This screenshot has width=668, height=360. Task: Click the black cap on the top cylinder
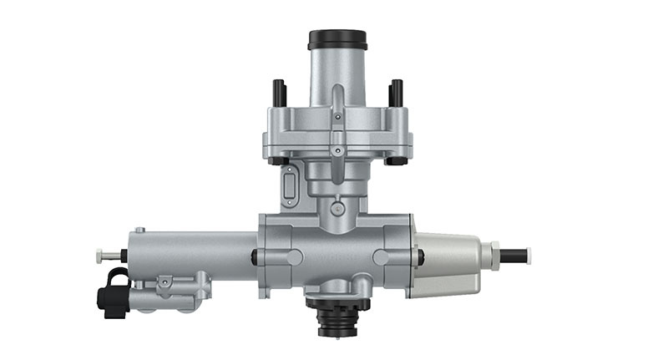click(x=337, y=39)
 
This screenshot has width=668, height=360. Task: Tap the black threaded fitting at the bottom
click(x=337, y=317)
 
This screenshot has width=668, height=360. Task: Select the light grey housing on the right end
click(x=447, y=263)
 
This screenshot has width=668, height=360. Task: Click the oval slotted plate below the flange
click(x=290, y=185)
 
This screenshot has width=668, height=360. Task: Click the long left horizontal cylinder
click(x=192, y=251)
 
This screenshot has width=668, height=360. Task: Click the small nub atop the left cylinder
click(x=139, y=230)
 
